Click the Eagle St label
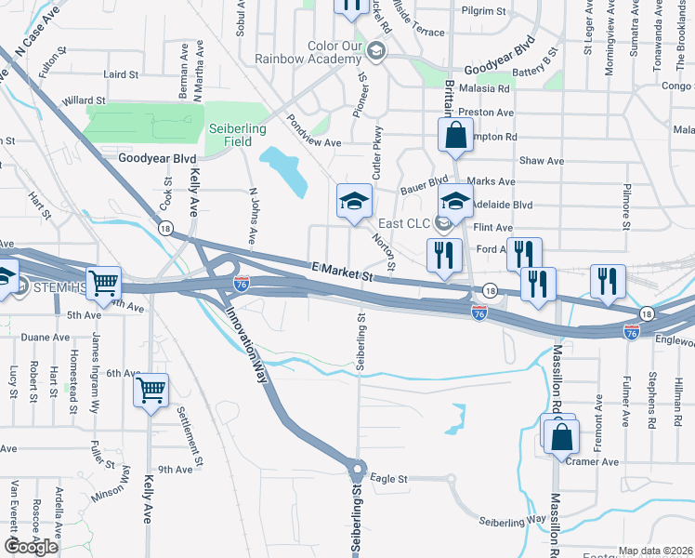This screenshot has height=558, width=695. coord(389,479)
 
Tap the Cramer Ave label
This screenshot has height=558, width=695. coord(592,462)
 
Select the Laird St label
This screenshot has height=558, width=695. coord(122,73)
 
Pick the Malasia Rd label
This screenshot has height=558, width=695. coord(491,89)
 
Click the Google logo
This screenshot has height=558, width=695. coord(32,547)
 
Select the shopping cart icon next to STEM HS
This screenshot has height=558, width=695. coord(103,283)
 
